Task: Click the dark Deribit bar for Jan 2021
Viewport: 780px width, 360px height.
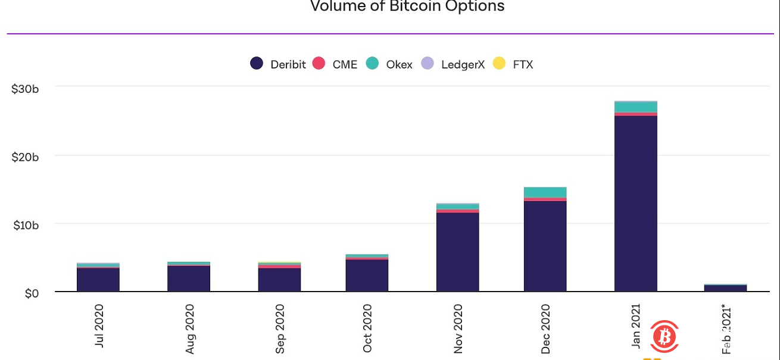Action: pos(636,203)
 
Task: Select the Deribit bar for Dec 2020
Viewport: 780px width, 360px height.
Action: pos(545,246)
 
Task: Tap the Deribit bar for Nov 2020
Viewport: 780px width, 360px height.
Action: pos(457,252)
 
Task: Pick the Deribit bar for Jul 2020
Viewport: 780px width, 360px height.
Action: pos(98,280)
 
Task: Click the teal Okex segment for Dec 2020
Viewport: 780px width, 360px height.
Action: pos(545,192)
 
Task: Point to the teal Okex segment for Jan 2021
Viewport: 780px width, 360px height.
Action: pos(636,107)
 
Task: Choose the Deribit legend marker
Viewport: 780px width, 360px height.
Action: pos(257,64)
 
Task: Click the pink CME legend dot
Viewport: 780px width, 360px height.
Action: pos(319,64)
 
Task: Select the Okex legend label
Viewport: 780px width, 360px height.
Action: pos(399,64)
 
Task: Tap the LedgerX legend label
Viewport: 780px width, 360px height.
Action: pos(463,64)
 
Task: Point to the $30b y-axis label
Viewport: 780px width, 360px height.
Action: pos(25,89)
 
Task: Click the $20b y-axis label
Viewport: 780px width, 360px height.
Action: pos(25,157)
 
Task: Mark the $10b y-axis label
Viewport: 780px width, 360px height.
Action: pos(25,226)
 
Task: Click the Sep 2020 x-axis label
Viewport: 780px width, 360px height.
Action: pos(280,328)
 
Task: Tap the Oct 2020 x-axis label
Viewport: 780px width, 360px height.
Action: pos(367,328)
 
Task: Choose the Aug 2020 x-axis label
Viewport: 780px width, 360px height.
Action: pos(189,328)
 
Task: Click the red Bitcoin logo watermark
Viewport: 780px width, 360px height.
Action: pos(664,337)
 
